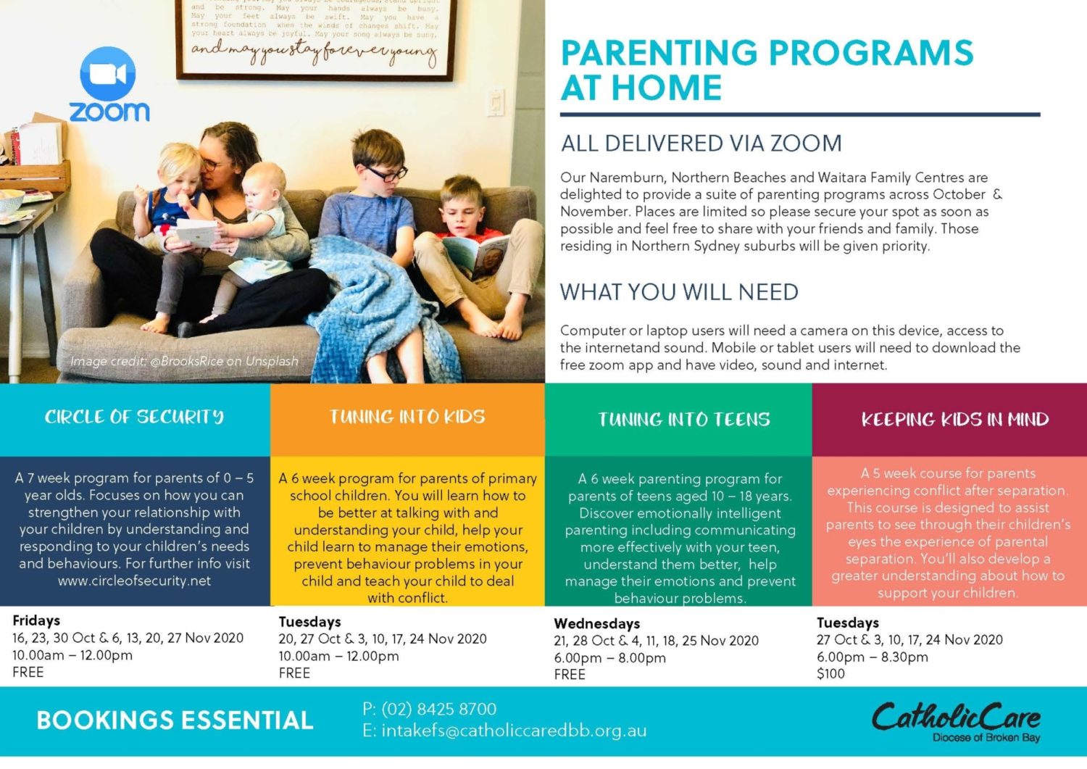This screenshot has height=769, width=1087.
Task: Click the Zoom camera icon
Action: [108, 73]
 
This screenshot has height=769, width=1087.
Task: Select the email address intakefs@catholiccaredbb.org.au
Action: [513, 731]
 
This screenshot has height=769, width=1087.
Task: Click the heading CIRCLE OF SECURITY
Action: [134, 417]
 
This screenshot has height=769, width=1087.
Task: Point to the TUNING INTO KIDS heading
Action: [407, 417]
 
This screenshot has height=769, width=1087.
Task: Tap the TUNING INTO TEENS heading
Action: [683, 420]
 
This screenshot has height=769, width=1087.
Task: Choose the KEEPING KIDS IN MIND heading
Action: [954, 420]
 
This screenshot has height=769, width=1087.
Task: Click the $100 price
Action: [830, 674]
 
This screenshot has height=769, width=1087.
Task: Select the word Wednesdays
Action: [596, 623]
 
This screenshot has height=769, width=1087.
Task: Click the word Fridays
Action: [36, 620]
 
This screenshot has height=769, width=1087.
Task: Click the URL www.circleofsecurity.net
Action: [135, 581]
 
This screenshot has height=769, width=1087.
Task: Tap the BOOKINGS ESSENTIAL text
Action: [175, 720]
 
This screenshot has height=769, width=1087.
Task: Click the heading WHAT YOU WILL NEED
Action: [679, 292]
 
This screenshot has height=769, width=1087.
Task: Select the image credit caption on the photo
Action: [184, 361]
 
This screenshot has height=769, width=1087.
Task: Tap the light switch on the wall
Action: [496, 102]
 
